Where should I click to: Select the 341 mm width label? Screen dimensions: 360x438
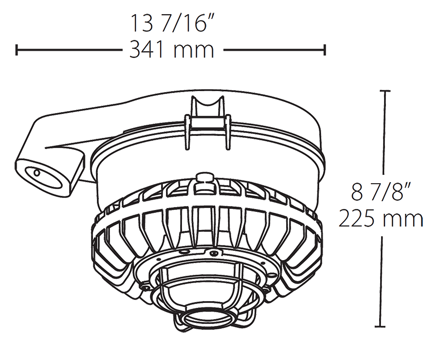coord(171,50)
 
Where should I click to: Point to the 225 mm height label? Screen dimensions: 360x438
coord(381,219)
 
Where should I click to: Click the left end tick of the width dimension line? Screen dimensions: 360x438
coord(17,50)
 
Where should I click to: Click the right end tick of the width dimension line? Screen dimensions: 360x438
coord(325,50)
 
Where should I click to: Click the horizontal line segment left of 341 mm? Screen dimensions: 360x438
coord(68,50)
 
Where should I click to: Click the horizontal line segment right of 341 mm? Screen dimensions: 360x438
coord(273,50)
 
